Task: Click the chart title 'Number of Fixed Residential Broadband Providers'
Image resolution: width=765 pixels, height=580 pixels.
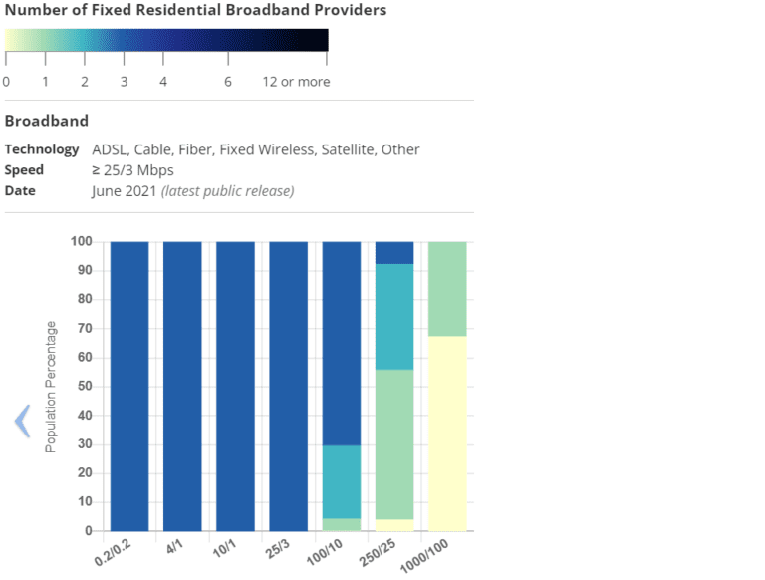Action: pyautogui.click(x=195, y=10)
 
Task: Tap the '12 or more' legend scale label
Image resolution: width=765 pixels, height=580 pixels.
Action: pyautogui.click(x=296, y=82)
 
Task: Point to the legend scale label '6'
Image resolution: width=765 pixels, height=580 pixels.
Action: pyautogui.click(x=228, y=82)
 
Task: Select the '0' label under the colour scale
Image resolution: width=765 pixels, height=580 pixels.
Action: pyautogui.click(x=7, y=82)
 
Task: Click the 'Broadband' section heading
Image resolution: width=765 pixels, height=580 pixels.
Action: pyautogui.click(x=46, y=121)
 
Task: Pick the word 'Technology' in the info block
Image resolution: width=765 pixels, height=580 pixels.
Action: pyautogui.click(x=42, y=149)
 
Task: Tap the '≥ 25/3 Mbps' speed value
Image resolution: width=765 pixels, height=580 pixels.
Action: pyautogui.click(x=132, y=170)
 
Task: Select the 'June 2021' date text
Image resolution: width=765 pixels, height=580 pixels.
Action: pyautogui.click(x=125, y=190)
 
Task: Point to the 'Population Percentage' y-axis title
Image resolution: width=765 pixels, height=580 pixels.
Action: pyautogui.click(x=51, y=387)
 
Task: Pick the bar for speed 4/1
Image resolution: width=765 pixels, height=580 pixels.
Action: pyautogui.click(x=182, y=387)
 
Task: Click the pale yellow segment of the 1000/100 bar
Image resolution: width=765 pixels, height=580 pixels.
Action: pyautogui.click(x=447, y=434)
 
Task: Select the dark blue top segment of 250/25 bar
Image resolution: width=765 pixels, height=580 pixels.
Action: pyautogui.click(x=393, y=252)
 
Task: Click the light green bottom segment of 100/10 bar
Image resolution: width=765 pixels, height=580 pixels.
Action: pyautogui.click(x=341, y=524)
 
